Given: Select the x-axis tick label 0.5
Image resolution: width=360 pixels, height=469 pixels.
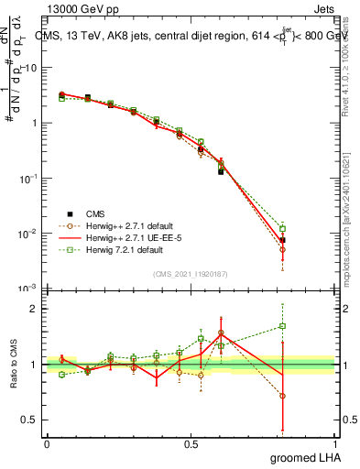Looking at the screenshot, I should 191,443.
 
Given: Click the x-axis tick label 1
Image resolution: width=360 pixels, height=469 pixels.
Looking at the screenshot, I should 334,443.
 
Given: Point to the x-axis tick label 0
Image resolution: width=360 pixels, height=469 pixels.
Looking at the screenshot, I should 47,443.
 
